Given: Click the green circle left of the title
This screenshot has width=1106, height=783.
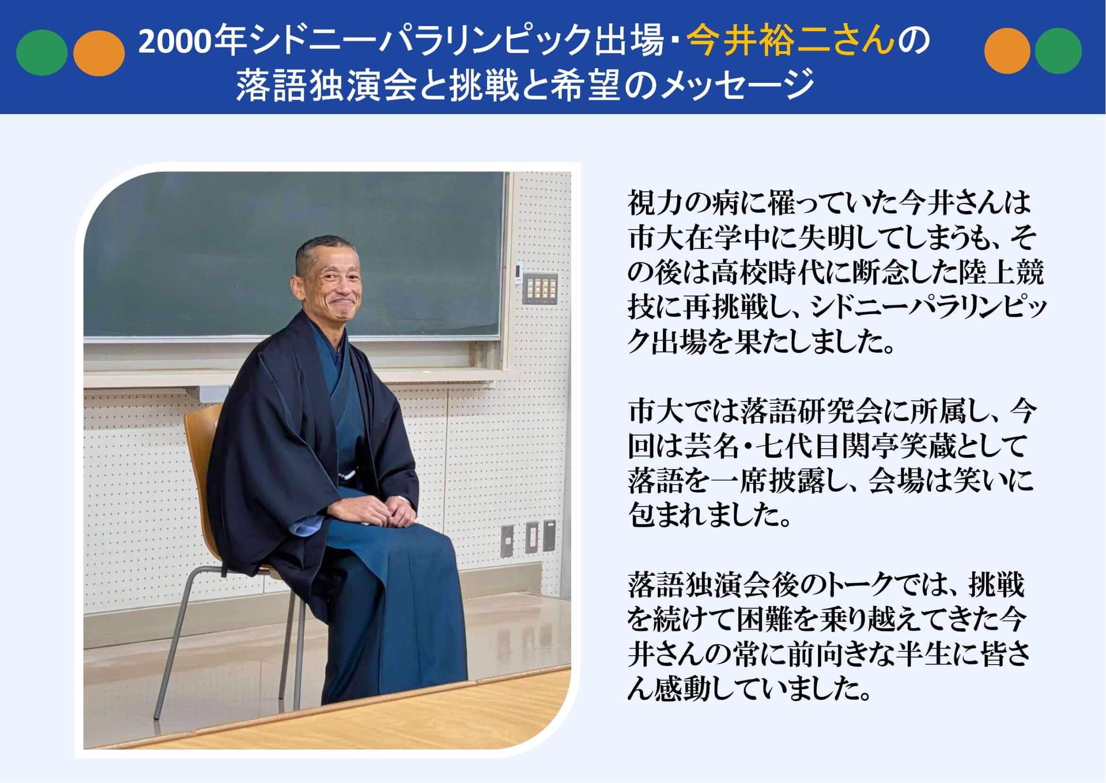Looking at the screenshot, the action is coord(42,53).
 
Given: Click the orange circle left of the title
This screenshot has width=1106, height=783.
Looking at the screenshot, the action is coord(99,53).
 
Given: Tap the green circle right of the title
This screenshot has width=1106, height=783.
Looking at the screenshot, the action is coord(1058,51).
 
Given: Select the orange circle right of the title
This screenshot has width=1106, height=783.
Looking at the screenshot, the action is coord(1007,51).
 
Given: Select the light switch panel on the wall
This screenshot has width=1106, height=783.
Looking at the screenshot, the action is coord(541,288).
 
